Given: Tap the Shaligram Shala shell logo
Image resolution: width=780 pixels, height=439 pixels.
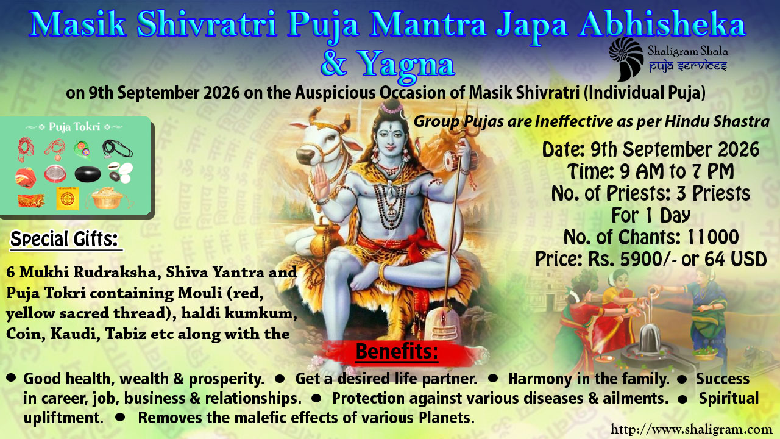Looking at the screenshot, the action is [626, 59].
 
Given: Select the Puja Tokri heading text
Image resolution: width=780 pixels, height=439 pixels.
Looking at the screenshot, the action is [74, 127].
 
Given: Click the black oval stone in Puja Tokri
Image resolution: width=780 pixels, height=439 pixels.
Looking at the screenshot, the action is [88, 174].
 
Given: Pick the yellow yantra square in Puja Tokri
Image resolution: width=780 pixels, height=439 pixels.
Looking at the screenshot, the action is [68, 198].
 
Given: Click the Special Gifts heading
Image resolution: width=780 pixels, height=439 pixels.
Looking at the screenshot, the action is [65, 239].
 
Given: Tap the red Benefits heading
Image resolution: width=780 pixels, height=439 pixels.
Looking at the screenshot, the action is [397, 351].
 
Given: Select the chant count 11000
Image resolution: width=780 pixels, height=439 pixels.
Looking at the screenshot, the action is [713, 237].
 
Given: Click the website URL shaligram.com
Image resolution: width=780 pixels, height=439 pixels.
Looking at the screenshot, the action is [691, 429].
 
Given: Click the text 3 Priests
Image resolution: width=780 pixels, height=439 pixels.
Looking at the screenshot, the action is [713, 193].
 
